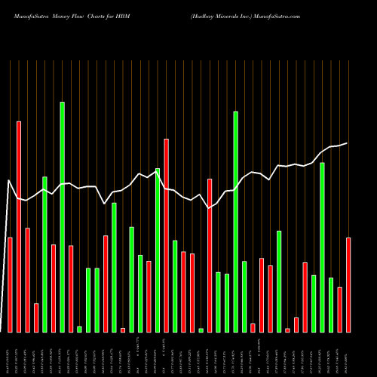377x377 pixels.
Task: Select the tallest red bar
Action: click(19, 226)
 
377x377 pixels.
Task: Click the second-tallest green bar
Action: click(235, 222)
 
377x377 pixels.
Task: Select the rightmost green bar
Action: click(331, 305)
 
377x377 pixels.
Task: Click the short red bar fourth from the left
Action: click(36, 317)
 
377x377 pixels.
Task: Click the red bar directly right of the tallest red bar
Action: click(27, 280)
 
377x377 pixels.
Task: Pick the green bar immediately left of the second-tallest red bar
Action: click(158, 250)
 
